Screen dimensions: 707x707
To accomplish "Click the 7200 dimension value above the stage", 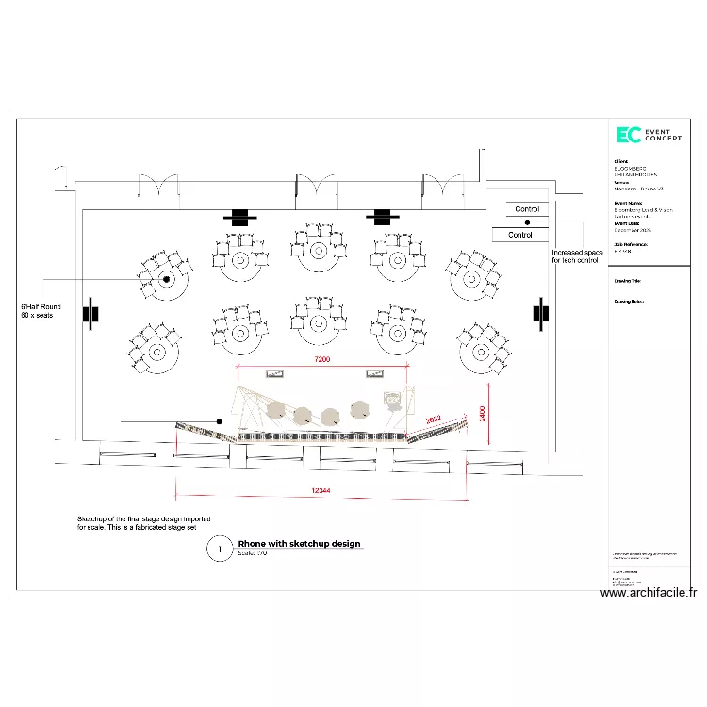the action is point(323,360).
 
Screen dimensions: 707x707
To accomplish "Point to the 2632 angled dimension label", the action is point(433,419).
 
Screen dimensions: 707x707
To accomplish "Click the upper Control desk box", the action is point(527,209).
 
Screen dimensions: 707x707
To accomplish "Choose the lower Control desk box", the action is point(520,235).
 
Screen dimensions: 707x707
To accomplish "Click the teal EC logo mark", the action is point(628,136).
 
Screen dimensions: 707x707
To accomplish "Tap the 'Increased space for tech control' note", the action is point(576,256).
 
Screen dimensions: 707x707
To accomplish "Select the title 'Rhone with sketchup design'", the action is point(299,544).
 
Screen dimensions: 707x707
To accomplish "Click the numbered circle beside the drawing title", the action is point(219,548).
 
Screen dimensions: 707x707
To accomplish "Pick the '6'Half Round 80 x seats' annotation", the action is point(41,311).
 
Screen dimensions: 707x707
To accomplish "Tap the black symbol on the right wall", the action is point(540,313).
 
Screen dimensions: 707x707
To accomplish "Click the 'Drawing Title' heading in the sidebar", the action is point(629,281).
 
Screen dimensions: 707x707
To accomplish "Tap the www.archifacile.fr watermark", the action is point(649,593).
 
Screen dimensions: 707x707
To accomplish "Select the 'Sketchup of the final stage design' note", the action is point(150,523).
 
